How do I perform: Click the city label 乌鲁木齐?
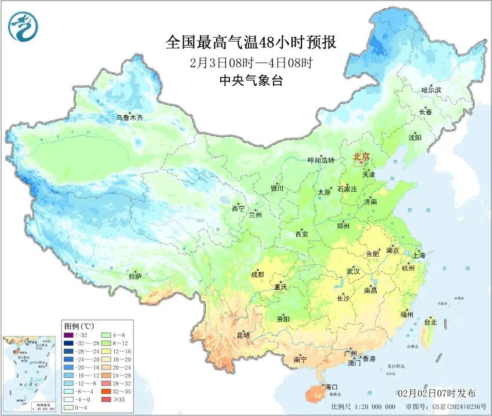coord(129,118)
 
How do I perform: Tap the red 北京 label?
coord(361,156)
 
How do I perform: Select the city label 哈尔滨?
coord(431,90)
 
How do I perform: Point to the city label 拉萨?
coord(134,277)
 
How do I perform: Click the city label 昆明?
coord(243,335)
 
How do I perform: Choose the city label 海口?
coord(331,386)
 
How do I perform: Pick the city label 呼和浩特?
coord(320,160)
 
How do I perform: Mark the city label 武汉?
coord(353,271)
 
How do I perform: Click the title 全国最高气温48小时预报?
coord(251,43)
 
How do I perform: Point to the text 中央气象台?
coord(251,81)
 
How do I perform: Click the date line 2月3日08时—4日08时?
coord(251,63)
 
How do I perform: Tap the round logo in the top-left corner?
coord(22,27)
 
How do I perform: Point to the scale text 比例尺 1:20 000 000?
coord(363,407)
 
